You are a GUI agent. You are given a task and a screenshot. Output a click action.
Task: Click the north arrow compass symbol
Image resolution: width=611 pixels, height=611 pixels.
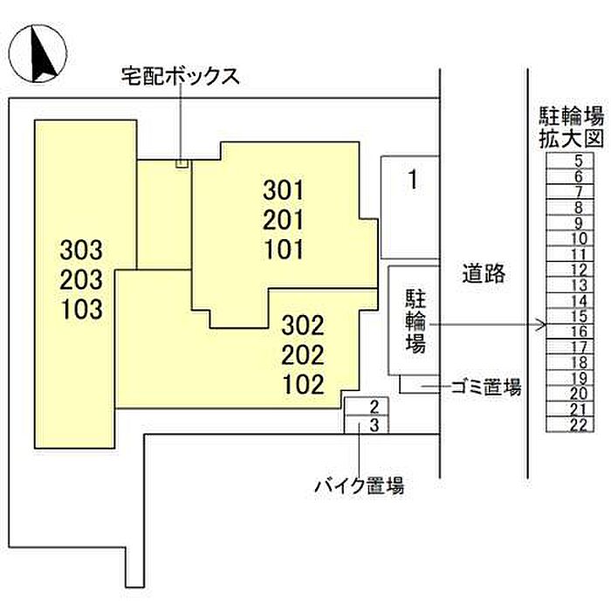[x=38, y=53]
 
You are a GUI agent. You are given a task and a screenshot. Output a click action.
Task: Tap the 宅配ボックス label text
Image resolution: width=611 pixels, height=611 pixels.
[x=180, y=77]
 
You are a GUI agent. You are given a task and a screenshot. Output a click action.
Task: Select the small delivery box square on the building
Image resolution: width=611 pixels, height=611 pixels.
[x=182, y=164]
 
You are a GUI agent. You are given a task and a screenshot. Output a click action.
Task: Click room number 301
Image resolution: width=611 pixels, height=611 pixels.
[x=284, y=190]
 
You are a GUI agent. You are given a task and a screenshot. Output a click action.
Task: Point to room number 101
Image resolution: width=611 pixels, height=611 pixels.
[x=284, y=250]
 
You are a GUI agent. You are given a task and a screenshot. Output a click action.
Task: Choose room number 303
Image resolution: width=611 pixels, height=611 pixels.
[x=81, y=250]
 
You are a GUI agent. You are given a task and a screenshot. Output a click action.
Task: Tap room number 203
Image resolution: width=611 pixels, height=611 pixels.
[x=81, y=279]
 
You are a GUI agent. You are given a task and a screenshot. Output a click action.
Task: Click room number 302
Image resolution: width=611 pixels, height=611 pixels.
[x=303, y=326]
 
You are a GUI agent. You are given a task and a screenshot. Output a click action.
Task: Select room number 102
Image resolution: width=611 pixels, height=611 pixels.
[x=303, y=384]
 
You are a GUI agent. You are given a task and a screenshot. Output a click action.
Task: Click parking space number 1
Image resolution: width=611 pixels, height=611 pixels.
[x=414, y=180]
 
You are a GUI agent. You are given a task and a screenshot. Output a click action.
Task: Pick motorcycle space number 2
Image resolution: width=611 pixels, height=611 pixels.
[x=374, y=407]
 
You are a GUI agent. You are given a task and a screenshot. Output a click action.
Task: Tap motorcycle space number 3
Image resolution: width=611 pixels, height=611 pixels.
[x=374, y=425]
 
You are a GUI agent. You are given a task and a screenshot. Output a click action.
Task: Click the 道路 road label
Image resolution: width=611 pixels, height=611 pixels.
[x=484, y=273]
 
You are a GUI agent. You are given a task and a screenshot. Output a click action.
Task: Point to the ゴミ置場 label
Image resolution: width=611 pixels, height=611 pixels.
[x=486, y=387]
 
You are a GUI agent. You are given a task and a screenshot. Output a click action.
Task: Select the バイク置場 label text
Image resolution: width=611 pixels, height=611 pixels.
[x=360, y=485]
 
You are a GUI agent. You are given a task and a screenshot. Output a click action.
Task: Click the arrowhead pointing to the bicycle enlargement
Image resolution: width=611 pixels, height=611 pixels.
[x=542, y=324]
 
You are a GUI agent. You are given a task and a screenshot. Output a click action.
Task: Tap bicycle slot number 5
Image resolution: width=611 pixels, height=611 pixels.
[x=579, y=161]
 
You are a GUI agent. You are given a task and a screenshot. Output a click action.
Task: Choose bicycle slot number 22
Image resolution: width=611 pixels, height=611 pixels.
[x=578, y=425]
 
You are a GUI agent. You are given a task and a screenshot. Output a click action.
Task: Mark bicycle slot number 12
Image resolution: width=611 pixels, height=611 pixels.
[x=578, y=270]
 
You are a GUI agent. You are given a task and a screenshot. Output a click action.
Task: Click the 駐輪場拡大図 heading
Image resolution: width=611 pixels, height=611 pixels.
[x=571, y=127]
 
